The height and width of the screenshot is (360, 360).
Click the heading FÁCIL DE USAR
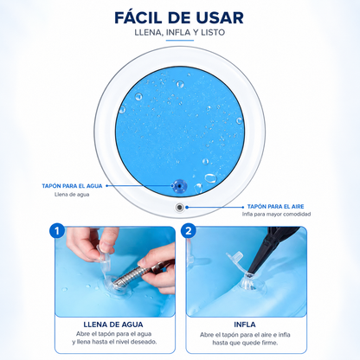[x=179, y=17]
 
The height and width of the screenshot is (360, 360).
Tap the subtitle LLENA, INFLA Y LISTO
[x=180, y=32]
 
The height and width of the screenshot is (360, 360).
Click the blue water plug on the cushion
[x=178, y=185]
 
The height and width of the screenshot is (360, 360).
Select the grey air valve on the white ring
[x=180, y=207]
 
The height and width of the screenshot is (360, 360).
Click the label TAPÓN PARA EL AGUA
[x=72, y=186]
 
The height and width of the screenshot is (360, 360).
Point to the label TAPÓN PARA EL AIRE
[x=275, y=207]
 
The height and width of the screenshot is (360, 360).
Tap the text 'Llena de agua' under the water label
[x=72, y=195]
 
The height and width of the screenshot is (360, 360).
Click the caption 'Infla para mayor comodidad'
[x=276, y=214]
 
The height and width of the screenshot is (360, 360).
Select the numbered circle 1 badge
[x=57, y=231]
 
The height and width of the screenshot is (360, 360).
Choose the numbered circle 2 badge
[x=189, y=231]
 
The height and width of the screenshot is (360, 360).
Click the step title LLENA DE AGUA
[x=113, y=325]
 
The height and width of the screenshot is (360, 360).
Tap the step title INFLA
[x=245, y=325]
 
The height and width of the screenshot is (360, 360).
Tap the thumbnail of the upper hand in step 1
[x=104, y=246]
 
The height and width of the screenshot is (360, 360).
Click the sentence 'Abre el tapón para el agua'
[x=113, y=334]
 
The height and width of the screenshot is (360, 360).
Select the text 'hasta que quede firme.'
[x=245, y=343]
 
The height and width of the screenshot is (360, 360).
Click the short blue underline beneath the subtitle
[x=180, y=40]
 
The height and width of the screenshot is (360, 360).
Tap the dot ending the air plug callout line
[x=187, y=207]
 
